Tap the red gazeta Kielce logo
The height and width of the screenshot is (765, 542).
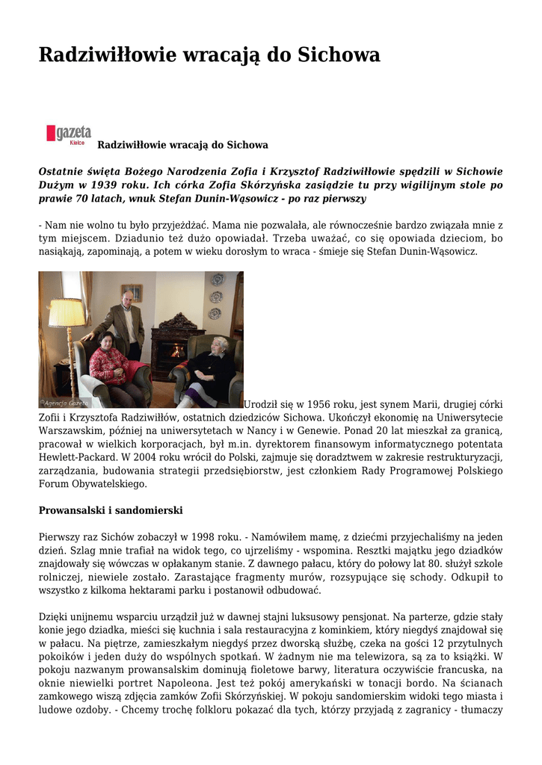click(69, 134)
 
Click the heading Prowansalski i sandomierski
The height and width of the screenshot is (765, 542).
click(111, 510)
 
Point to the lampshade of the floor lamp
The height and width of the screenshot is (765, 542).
click(67, 312)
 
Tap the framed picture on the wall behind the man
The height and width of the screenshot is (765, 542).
click(132, 292)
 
